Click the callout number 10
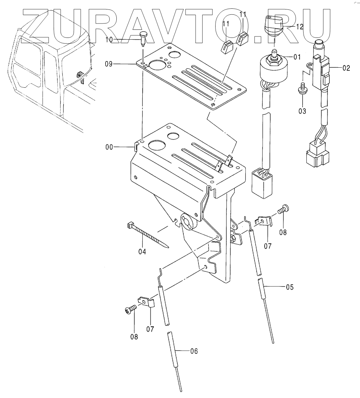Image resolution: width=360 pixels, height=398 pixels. [x=109, y=40]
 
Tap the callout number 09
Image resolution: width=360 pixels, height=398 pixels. [x=109, y=64]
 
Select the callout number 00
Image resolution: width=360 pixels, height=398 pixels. [x=109, y=147]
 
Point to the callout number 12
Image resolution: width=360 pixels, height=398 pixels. [x=300, y=27]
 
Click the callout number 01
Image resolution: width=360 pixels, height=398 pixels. [x=297, y=57]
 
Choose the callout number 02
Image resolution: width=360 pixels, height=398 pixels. [x=346, y=68]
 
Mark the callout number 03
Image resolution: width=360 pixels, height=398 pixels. [x=302, y=111]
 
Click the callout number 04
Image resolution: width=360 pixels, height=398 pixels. [x=142, y=251]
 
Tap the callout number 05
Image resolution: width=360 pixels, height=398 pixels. [x=290, y=287]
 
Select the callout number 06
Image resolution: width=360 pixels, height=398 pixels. [x=194, y=351]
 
